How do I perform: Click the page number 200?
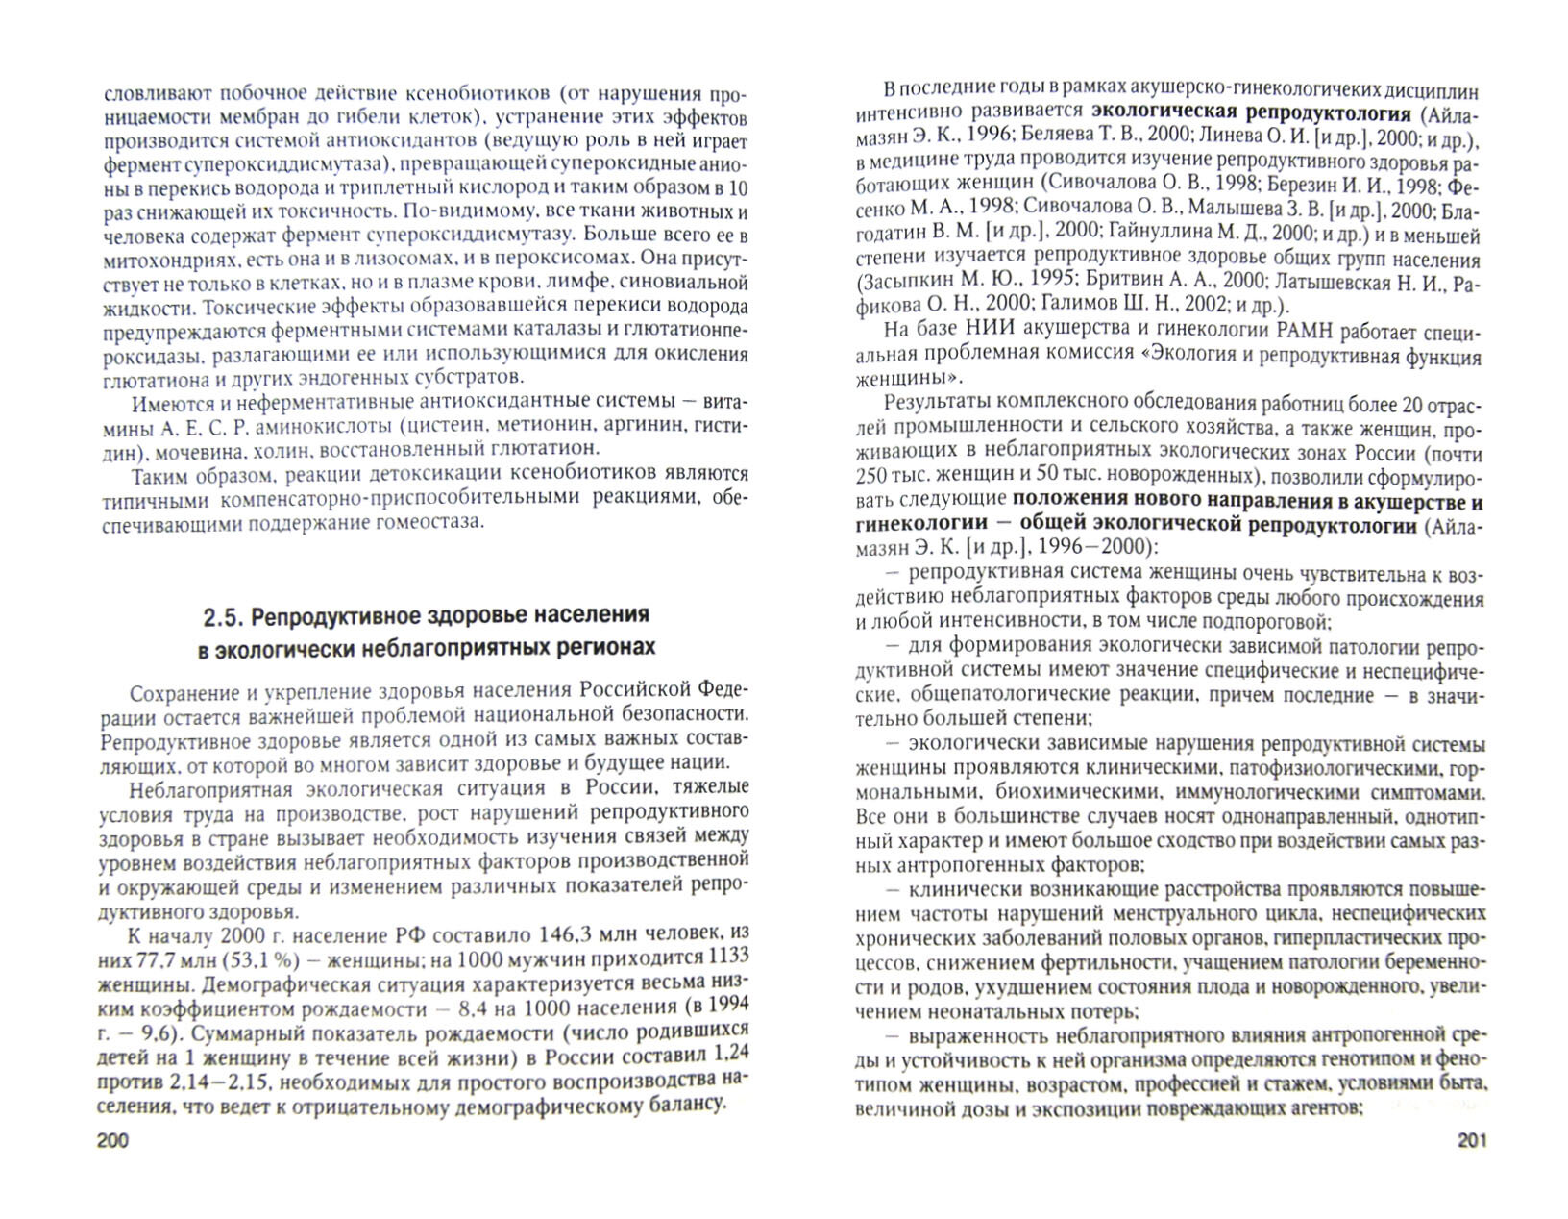tap(113, 1140)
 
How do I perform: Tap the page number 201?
tap(1471, 1140)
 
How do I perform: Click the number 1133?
tap(728, 958)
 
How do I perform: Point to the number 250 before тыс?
tap(873, 477)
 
